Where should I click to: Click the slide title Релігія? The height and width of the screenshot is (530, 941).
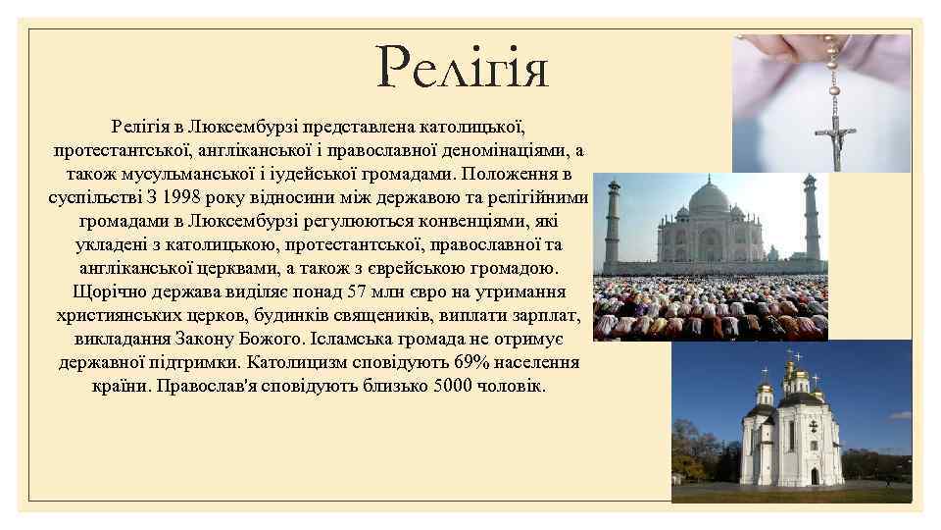462,69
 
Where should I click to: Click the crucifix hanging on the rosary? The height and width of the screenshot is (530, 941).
836,137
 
